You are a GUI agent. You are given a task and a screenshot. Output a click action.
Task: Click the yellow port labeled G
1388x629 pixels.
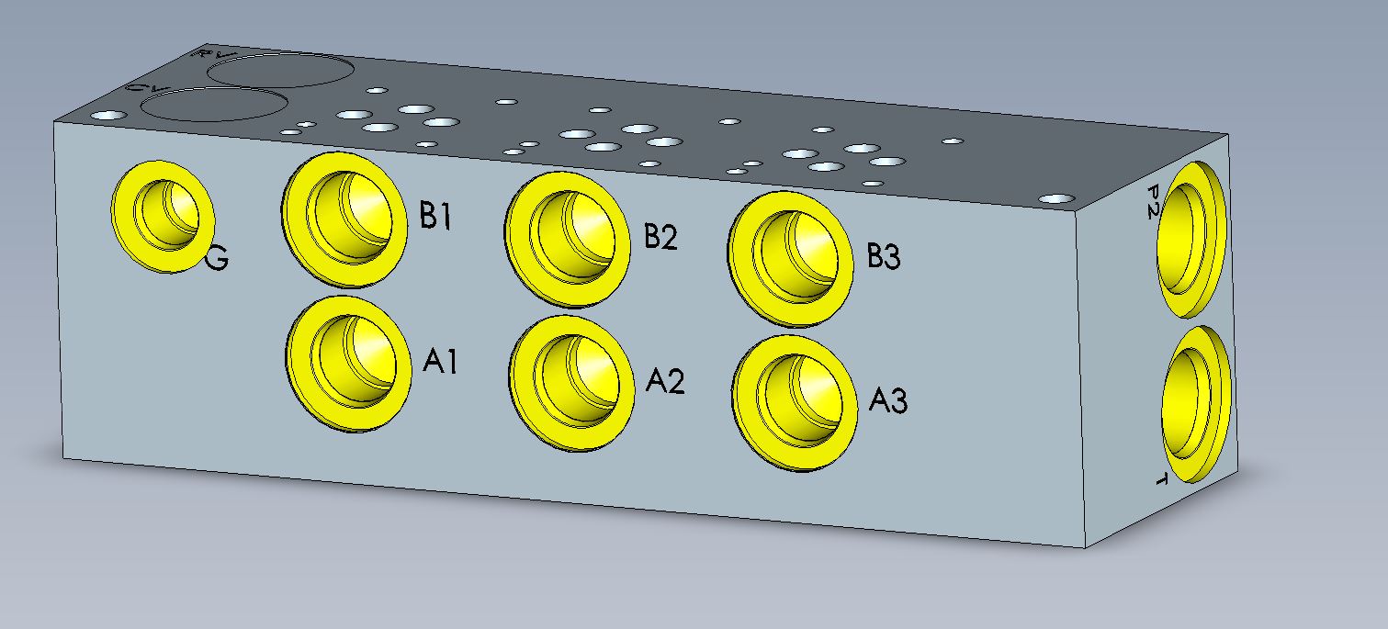tap(163, 217)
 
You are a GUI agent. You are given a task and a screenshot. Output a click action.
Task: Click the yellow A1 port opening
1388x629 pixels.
tap(347, 362)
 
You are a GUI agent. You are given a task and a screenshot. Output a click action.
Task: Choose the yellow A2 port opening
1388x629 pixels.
tap(572, 381)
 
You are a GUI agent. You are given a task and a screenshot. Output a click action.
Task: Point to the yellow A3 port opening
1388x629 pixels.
tap(796, 402)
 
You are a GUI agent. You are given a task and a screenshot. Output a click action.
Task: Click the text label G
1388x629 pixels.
tap(217, 260)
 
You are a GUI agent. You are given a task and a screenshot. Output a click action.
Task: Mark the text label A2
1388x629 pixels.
tap(664, 380)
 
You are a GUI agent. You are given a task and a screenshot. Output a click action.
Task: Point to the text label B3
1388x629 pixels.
tap(884, 257)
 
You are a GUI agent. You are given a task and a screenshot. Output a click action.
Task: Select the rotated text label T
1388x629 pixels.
tap(1159, 479)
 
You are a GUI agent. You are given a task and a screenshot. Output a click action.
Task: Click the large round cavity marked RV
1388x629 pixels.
tap(280, 70)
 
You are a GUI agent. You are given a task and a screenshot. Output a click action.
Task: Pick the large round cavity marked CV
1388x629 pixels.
tap(213, 106)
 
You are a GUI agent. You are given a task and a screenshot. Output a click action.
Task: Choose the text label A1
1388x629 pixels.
tap(440, 362)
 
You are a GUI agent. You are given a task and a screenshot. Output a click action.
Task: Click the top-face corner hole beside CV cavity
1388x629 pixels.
tap(109, 116)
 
